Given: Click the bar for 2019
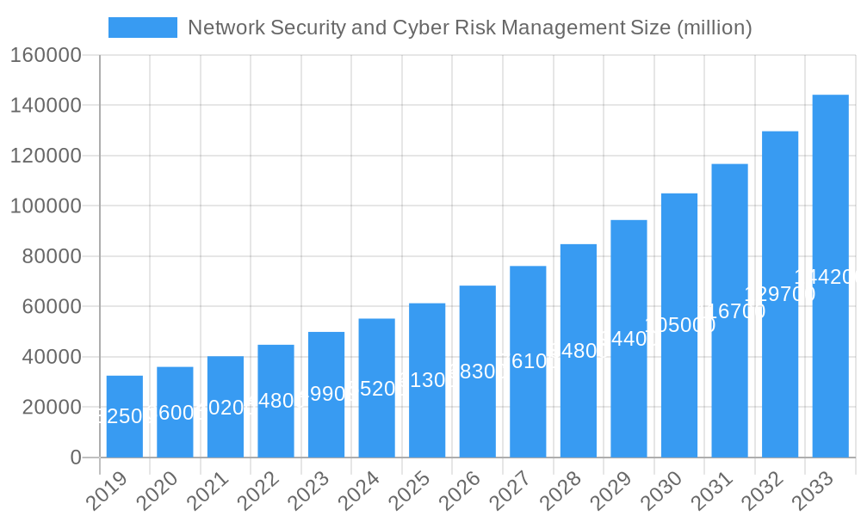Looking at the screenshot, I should click(x=125, y=416).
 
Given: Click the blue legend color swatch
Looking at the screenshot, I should click(x=142, y=28).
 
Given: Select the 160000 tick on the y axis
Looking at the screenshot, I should click(x=45, y=56).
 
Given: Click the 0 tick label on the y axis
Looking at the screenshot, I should click(x=76, y=458).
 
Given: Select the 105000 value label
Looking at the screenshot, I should click(x=679, y=325).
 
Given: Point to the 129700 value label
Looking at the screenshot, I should click(x=780, y=294).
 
